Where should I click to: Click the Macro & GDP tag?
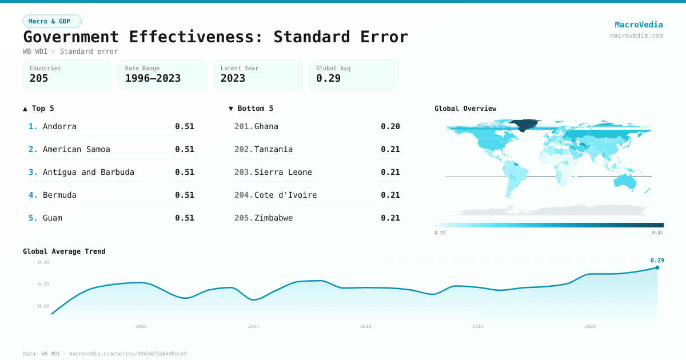point(52,21)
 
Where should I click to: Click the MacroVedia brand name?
point(639,25)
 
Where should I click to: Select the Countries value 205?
point(39,78)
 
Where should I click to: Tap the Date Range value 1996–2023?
point(153,78)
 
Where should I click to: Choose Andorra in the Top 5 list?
point(59,126)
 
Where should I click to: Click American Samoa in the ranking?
point(77,149)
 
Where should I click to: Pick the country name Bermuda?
point(59,195)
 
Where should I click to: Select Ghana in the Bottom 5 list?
point(266,126)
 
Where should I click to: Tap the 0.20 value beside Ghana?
point(390,126)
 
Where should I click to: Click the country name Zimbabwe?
point(273,218)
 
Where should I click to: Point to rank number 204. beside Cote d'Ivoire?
point(243,195)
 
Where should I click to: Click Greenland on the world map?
point(524,125)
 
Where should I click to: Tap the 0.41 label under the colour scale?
point(657,233)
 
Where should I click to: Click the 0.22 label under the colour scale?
point(440,233)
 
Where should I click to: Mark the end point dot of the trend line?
point(657,267)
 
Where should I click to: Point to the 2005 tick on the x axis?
point(253,326)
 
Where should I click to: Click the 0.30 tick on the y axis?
point(43,262)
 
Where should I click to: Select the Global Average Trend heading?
point(64,251)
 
